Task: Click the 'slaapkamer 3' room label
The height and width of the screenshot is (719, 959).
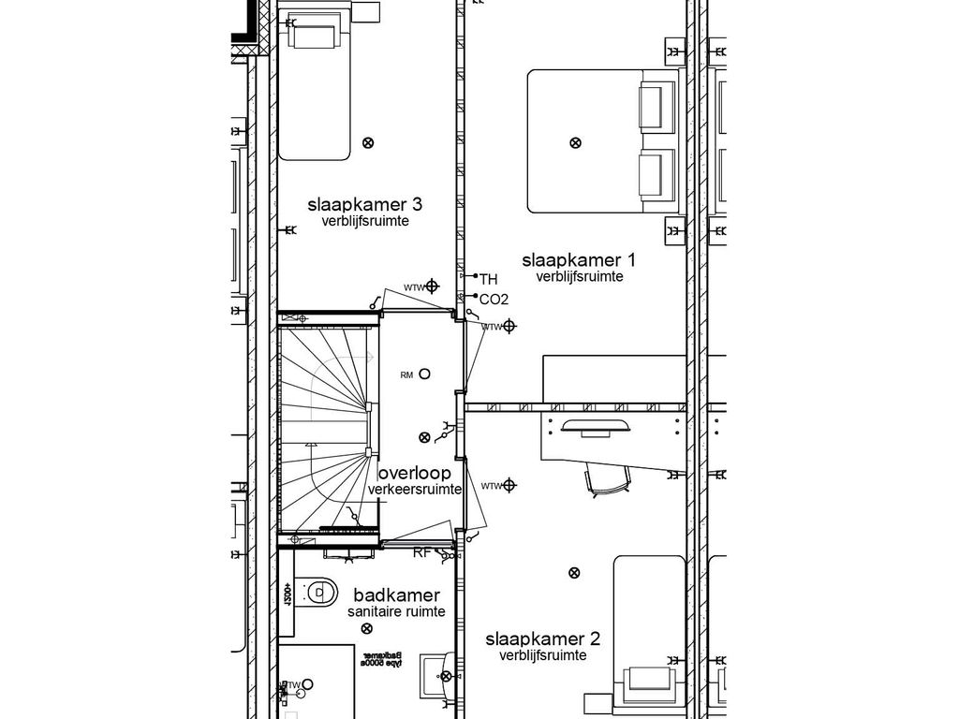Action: tap(364, 204)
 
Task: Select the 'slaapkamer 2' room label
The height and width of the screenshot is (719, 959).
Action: tap(542, 639)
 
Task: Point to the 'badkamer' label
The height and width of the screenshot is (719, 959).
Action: tap(395, 595)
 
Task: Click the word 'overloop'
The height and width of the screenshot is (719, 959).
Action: tap(414, 473)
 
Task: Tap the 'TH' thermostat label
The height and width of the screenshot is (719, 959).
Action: tap(488, 279)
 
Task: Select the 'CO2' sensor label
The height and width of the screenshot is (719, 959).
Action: tap(493, 300)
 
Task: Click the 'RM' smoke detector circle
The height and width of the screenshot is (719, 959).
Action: tap(424, 374)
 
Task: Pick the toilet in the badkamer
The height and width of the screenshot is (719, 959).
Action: tap(321, 591)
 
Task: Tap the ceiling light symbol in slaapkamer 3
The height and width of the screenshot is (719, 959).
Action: tap(367, 142)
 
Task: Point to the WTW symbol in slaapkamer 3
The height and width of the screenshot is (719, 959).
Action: tap(432, 286)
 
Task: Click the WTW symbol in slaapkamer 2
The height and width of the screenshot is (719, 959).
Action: tap(509, 485)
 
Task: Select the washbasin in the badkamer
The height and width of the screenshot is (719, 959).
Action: tap(438, 672)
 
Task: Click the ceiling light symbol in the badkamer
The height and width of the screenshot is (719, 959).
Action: tap(365, 628)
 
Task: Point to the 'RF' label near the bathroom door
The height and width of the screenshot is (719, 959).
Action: tap(422, 552)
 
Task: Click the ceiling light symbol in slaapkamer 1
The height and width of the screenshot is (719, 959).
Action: tap(574, 142)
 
